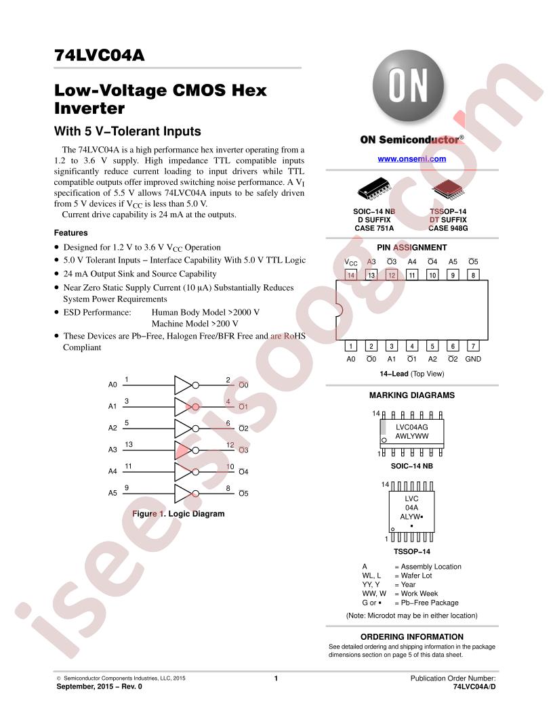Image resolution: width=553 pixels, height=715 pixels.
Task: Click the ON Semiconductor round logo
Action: coord(408,86)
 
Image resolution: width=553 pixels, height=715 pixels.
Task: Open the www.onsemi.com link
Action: coord(411,158)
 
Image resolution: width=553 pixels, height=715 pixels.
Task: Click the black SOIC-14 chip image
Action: coord(375,189)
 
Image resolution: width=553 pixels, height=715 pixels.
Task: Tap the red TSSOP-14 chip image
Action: coord(448,189)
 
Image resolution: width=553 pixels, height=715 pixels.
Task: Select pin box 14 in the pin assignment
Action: coord(350,275)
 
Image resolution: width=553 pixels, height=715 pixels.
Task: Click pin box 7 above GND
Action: coord(473,345)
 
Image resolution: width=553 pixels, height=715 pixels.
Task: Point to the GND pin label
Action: coord(473,359)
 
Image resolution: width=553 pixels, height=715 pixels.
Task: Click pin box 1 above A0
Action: coord(350,345)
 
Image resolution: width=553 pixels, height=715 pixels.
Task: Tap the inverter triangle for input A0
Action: coord(184,385)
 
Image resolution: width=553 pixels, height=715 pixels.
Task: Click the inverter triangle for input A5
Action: coord(184,494)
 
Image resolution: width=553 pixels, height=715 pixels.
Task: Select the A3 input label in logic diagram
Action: coord(112,450)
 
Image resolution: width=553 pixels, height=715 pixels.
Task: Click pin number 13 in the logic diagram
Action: coord(129,444)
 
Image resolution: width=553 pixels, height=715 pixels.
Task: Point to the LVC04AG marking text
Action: coord(411,427)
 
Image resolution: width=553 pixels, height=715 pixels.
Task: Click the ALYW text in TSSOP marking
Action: coord(410,517)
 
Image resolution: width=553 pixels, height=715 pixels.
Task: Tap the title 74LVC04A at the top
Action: coord(100,55)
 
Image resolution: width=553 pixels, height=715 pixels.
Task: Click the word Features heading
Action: coord(70,232)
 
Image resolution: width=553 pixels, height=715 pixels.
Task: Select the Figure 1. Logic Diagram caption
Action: coord(178,513)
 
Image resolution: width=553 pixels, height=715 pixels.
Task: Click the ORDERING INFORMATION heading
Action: coord(411,636)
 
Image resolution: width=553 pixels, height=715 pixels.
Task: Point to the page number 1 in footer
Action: coord(276,678)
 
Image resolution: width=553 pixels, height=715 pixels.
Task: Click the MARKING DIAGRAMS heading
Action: coord(411,395)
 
